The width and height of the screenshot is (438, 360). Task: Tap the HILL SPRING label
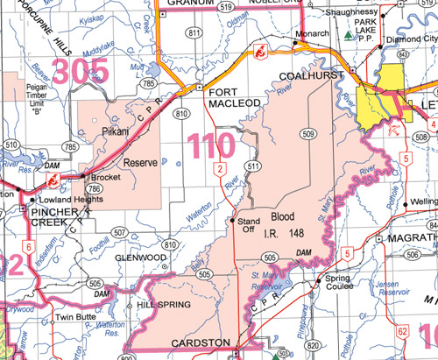(159, 306)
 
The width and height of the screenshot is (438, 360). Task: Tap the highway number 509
(307, 134)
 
